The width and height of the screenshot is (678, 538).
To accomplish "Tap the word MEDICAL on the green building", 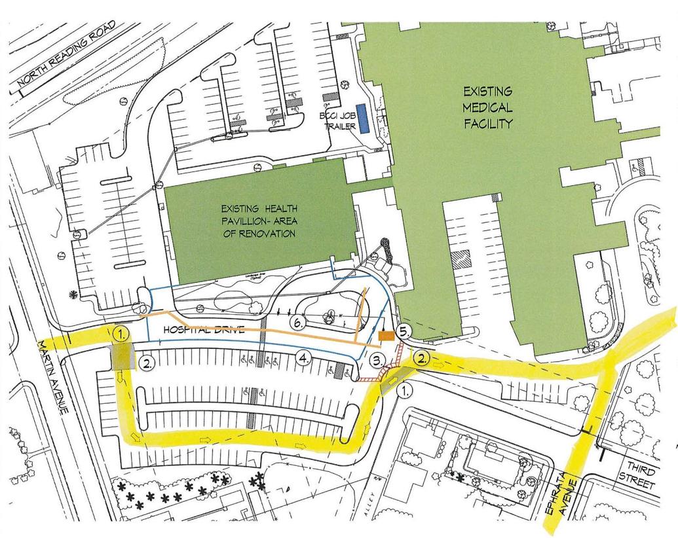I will (489, 106).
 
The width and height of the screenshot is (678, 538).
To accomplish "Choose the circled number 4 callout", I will (303, 358).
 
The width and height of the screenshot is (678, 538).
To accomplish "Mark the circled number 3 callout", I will (377, 359).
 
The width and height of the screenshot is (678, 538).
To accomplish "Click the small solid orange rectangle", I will (386, 336).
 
